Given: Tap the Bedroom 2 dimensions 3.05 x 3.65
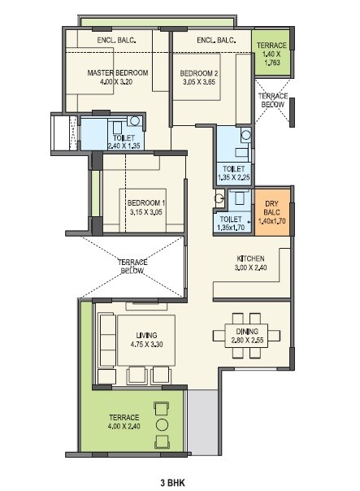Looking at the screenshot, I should [x=198, y=81].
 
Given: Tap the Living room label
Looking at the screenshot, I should [x=148, y=335].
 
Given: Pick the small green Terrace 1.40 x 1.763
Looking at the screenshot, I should [x=270, y=53].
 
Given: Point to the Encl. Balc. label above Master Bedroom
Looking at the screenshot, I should [x=115, y=38].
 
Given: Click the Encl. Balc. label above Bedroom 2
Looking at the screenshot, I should [x=216, y=38].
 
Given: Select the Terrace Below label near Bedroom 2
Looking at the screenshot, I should [x=271, y=100].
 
